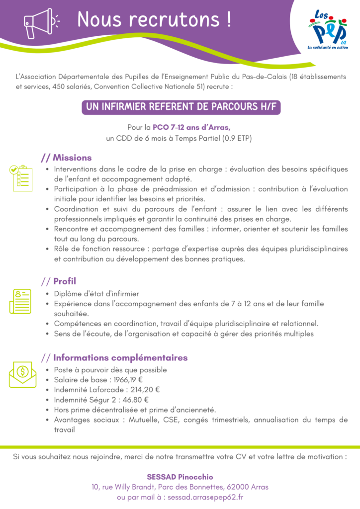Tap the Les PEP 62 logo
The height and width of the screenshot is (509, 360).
click(x=327, y=31)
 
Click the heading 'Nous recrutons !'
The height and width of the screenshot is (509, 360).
click(x=154, y=20)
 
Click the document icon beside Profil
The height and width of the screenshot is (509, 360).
click(x=20, y=301)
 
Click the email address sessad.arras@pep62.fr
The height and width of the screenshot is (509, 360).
click(x=205, y=497)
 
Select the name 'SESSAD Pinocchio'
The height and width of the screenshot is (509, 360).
click(x=180, y=477)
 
